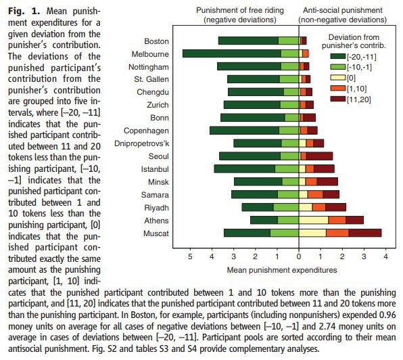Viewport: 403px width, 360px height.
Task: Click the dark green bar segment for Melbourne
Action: [x=232, y=53]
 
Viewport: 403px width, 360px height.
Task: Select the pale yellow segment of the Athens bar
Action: [x=314, y=220]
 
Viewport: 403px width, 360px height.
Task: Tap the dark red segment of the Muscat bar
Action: [x=365, y=233]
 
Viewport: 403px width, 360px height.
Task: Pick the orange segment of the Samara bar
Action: [x=315, y=194]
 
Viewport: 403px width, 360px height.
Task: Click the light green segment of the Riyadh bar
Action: [x=286, y=207]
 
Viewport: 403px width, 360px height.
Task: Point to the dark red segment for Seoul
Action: [x=319, y=156]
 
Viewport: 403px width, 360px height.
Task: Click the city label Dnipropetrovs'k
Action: [x=141, y=143]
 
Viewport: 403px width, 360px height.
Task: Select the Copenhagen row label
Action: [x=146, y=131]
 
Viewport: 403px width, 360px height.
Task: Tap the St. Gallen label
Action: [x=151, y=79]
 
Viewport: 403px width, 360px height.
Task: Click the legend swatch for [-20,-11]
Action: [x=338, y=56]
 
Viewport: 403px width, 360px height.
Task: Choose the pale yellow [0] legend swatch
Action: [x=338, y=78]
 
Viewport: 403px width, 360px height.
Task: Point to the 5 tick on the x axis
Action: [x=190, y=256]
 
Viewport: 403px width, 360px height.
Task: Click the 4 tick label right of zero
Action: [x=385, y=256]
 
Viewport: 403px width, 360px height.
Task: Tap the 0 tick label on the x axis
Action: [x=299, y=256]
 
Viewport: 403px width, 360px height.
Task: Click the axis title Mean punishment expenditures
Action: [x=282, y=270]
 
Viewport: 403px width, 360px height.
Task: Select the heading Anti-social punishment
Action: [x=343, y=10]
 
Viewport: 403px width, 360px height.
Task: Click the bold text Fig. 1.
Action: [x=24, y=12]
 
